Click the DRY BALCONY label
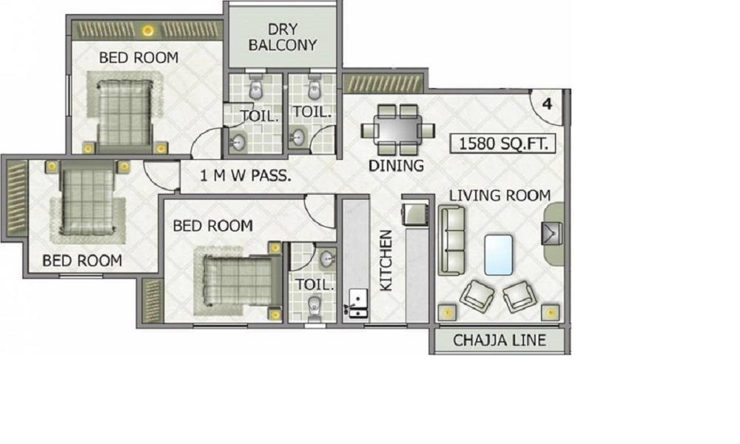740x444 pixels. click(283, 37)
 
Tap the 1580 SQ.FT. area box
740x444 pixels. click(503, 144)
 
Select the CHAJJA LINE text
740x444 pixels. click(499, 340)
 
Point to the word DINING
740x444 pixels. click(396, 166)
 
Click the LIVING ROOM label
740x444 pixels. click(499, 195)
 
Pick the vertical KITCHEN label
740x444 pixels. click(386, 260)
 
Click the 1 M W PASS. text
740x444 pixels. click(246, 176)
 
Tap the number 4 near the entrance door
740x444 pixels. click(548, 104)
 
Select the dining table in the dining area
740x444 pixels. click(397, 129)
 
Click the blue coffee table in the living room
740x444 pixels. click(498, 255)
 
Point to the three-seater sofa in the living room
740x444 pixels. click(451, 240)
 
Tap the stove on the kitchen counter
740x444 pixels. click(415, 214)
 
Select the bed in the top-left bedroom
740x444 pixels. click(125, 113)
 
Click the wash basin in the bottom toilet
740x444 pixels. click(326, 258)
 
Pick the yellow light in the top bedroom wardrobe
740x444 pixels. click(148, 31)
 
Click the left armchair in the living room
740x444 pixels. click(477, 296)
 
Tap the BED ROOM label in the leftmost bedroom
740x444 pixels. click(82, 260)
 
